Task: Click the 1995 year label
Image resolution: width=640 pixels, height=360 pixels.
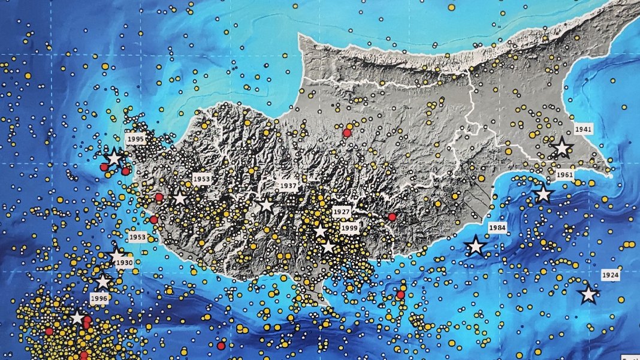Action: pyautogui.click(x=136, y=139)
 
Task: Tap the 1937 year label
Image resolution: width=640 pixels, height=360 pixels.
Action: pyautogui.click(x=288, y=186)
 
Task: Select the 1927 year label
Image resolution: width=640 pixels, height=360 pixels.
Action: pyautogui.click(x=342, y=212)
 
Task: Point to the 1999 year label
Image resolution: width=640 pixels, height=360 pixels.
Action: pyautogui.click(x=349, y=228)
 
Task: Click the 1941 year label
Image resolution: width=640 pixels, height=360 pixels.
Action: pyautogui.click(x=582, y=129)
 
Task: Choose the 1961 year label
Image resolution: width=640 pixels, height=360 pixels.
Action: pyautogui.click(x=564, y=175)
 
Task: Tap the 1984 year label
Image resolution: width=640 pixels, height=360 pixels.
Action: pyautogui.click(x=497, y=228)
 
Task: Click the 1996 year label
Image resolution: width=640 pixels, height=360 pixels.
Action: pyautogui.click(x=99, y=297)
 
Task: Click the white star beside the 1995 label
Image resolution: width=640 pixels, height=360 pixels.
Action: pyautogui.click(x=114, y=158)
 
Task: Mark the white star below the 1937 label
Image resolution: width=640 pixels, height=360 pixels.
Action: pyautogui.click(x=266, y=205)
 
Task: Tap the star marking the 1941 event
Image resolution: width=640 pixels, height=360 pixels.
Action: pyautogui.click(x=562, y=147)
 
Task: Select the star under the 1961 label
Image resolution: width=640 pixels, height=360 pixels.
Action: pyautogui.click(x=543, y=194)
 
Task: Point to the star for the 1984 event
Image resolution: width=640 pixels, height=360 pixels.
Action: pyautogui.click(x=475, y=246)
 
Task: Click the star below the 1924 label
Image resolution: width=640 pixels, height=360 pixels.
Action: pyautogui.click(x=588, y=294)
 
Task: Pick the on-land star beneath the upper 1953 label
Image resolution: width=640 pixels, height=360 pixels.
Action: pyautogui.click(x=179, y=198)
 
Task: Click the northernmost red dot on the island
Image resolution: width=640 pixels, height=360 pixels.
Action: pyautogui.click(x=346, y=133)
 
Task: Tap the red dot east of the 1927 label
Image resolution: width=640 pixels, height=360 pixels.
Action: pyautogui.click(x=392, y=217)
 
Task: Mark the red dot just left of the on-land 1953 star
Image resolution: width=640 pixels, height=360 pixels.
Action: pyautogui.click(x=159, y=198)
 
